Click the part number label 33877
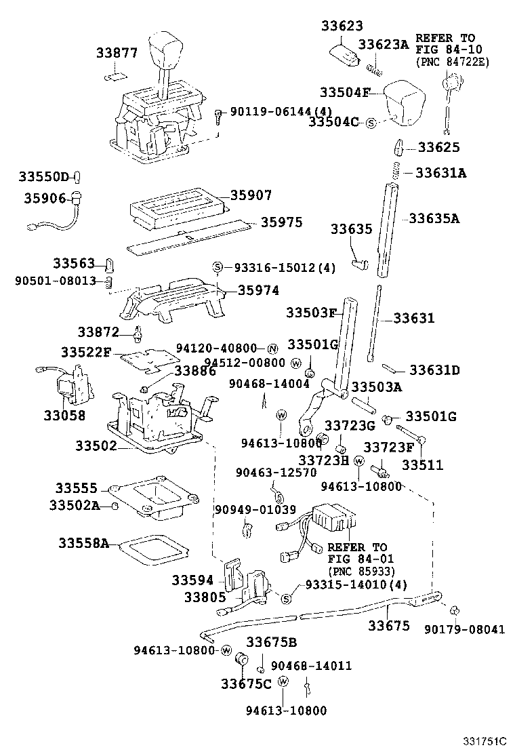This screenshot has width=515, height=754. pyautogui.click(x=116, y=53)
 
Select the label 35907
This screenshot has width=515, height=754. pyautogui.click(x=250, y=195)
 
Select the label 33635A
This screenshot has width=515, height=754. pyautogui.click(x=434, y=218)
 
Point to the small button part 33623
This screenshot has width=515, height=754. pyautogui.click(x=344, y=54)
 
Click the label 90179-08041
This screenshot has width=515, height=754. pyautogui.click(x=465, y=629)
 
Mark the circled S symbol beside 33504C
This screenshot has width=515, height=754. pyautogui.click(x=371, y=123)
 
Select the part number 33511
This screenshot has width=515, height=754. pyautogui.click(x=422, y=465)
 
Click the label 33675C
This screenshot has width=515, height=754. pyautogui.click(x=245, y=683)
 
